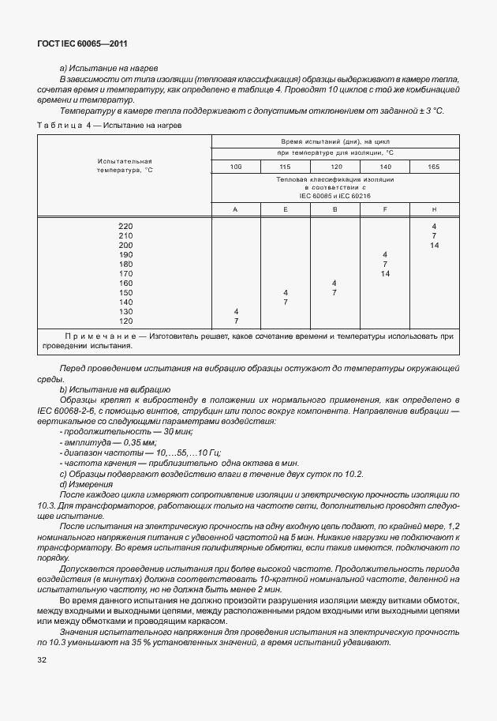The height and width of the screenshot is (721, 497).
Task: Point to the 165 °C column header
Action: click(x=434, y=167)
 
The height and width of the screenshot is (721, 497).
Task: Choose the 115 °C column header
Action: click(x=285, y=167)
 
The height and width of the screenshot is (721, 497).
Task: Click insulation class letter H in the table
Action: click(x=434, y=208)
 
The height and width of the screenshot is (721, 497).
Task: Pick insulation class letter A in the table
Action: click(x=236, y=208)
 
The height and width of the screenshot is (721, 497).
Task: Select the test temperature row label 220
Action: click(x=125, y=227)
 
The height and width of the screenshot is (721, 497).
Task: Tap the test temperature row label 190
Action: click(x=125, y=255)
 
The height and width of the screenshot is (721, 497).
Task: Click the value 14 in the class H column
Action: click(x=434, y=246)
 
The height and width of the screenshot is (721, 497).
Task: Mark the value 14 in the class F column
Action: click(x=384, y=274)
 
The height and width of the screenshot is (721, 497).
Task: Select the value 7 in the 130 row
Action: click(x=236, y=321)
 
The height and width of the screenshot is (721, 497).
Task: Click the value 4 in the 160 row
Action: click(x=334, y=284)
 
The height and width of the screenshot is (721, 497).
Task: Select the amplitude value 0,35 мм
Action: click(x=135, y=443)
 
